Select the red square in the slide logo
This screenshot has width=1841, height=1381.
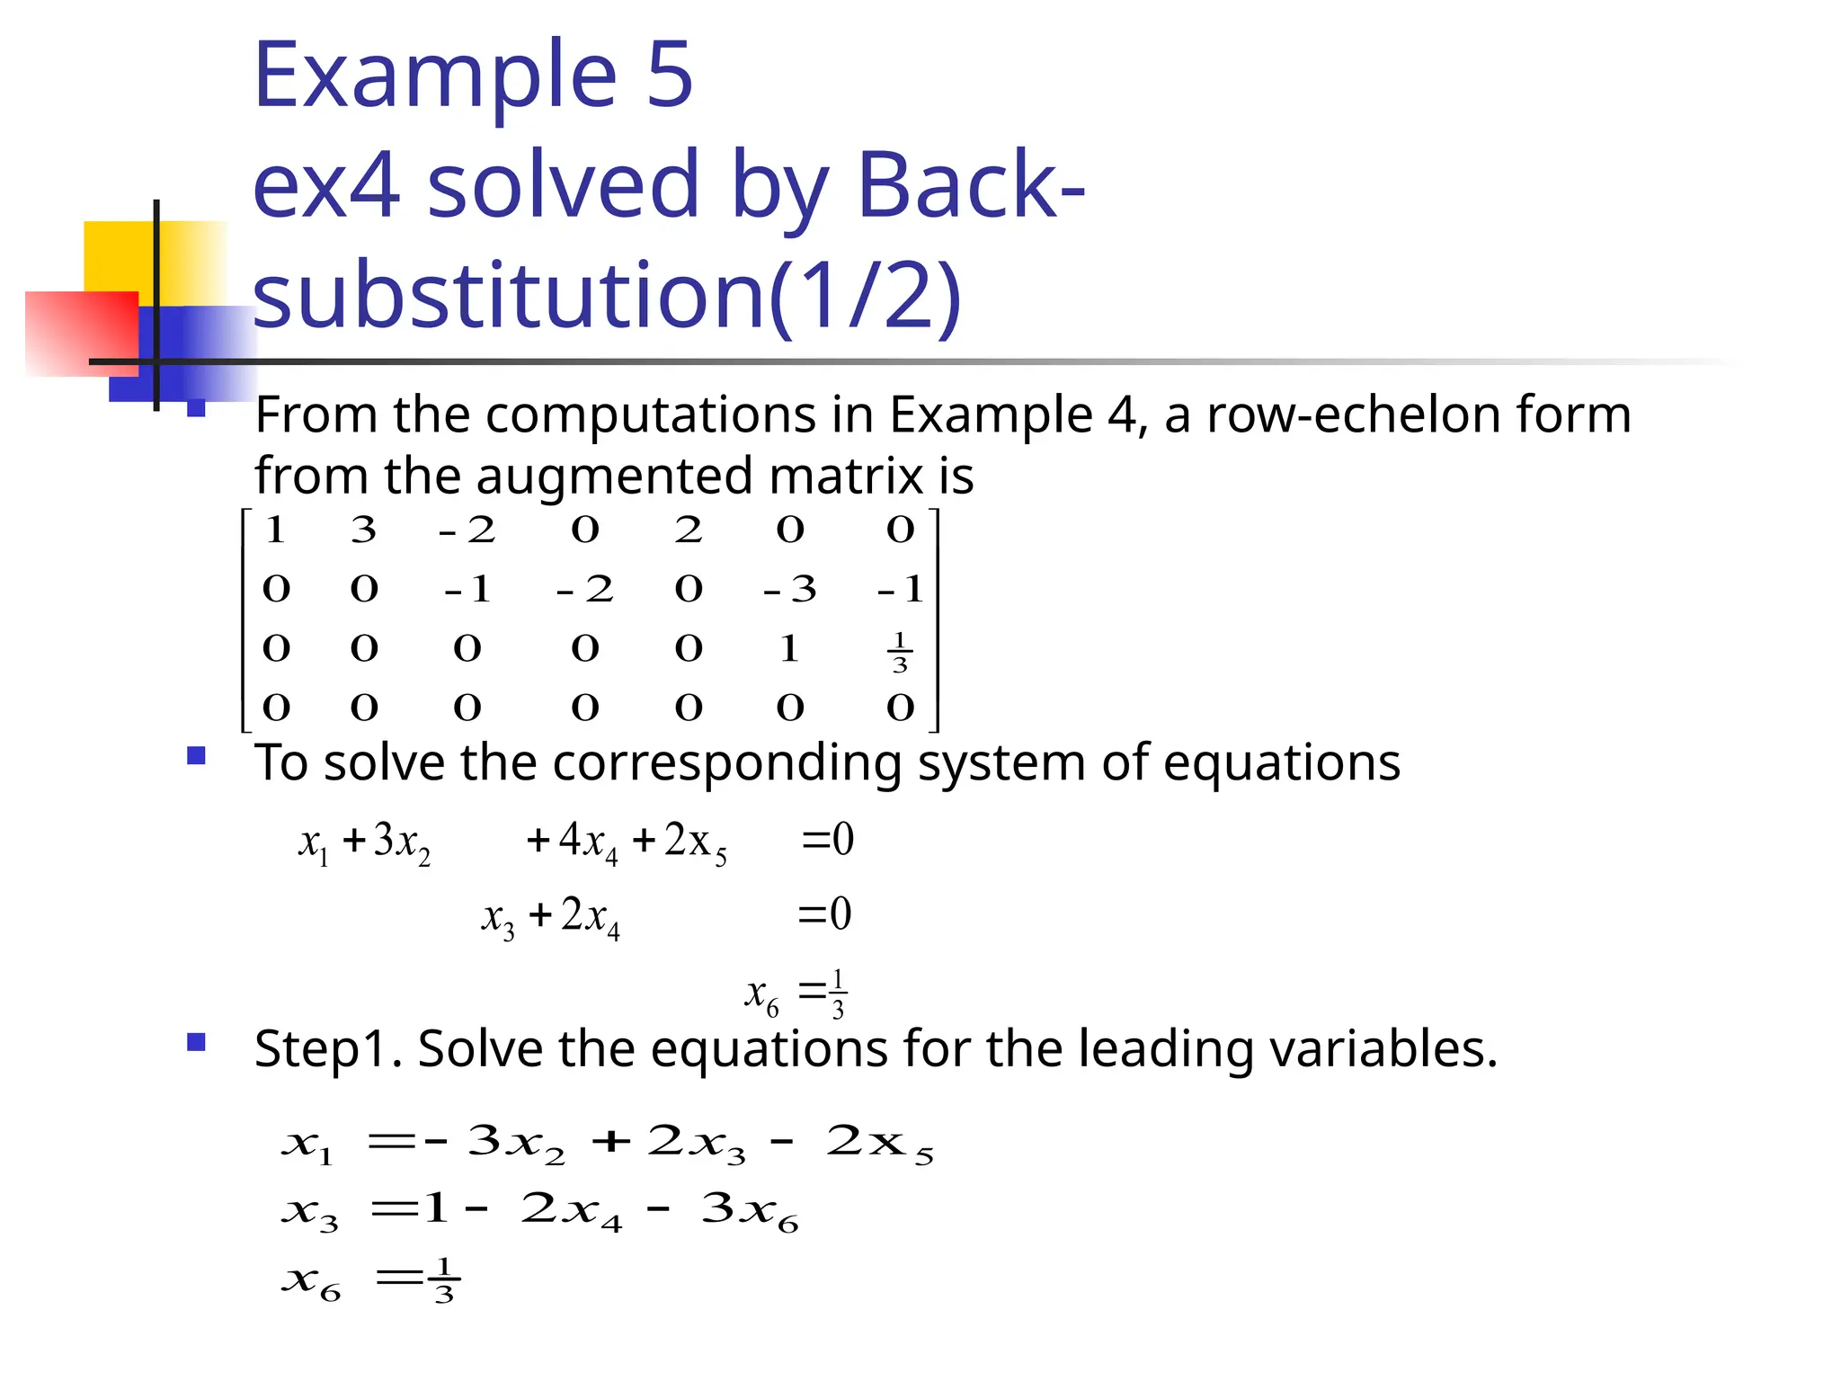click(x=81, y=333)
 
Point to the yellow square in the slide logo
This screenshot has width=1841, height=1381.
click(x=121, y=255)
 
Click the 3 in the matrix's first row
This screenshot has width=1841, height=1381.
click(x=363, y=530)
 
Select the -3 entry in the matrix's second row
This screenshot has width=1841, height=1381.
click(x=789, y=589)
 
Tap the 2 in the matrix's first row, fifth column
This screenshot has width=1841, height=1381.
click(x=689, y=530)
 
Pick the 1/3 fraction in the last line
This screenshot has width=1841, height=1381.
click(x=443, y=1280)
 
